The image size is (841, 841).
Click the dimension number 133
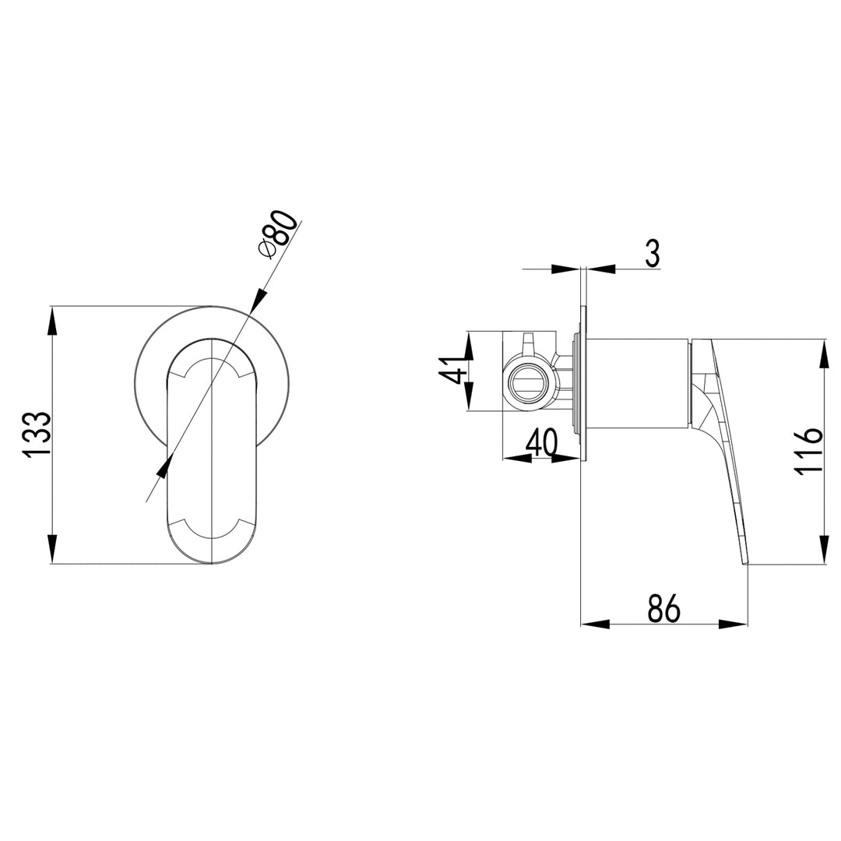coord(37,435)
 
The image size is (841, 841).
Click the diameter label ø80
coord(277,233)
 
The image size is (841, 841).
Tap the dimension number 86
coord(663,607)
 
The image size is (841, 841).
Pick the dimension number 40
coord(542,444)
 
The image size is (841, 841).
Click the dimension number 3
coord(653,253)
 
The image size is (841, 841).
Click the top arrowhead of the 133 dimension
coord(52,319)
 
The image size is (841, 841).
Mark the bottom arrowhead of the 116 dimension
coord(823,551)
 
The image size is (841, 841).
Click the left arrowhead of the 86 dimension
coord(595,624)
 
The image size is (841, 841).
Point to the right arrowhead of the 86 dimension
coord(734,624)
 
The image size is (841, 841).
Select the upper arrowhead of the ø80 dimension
coord(258,303)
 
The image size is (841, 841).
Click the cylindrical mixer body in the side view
coord(637,383)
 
